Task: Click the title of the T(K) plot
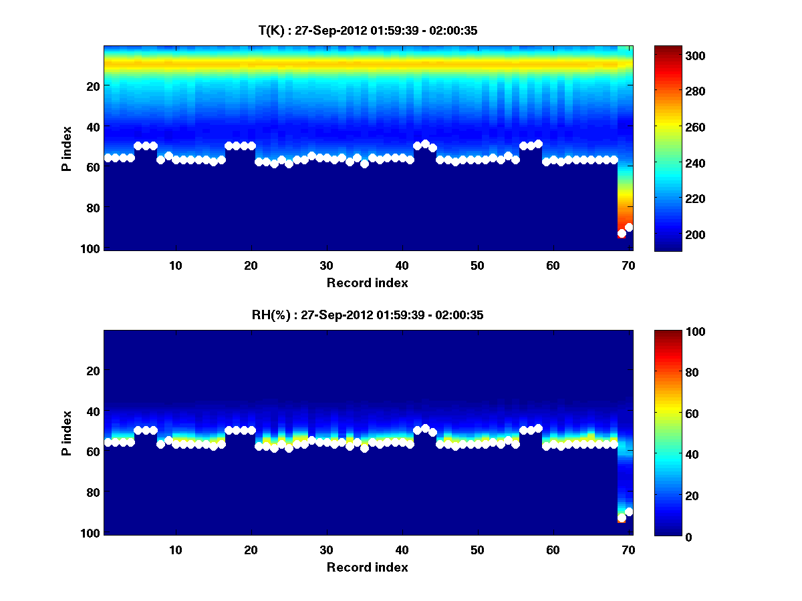(x=368, y=31)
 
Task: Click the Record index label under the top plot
(x=368, y=282)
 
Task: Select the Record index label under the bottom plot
(x=368, y=567)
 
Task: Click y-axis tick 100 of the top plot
(x=92, y=248)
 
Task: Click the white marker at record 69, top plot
(x=622, y=234)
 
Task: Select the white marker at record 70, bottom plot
(x=629, y=512)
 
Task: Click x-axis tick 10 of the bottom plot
(x=175, y=550)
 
